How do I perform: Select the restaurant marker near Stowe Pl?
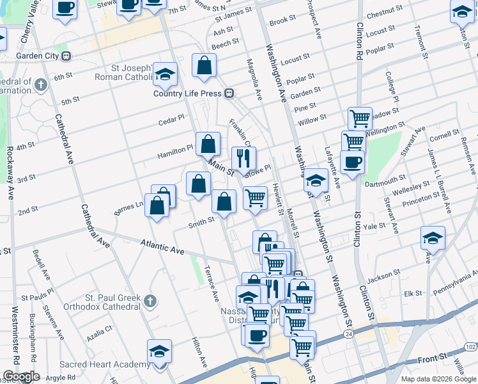pyautogui.click(x=243, y=158)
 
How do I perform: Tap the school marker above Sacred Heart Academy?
pyautogui.click(x=159, y=351)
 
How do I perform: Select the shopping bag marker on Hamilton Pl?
pyautogui.click(x=208, y=144)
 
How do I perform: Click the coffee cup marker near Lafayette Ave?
pyautogui.click(x=352, y=162)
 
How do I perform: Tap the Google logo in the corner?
pyautogui.click(x=21, y=376)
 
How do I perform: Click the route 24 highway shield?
pyautogui.click(x=348, y=334)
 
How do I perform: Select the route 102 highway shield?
pyautogui.click(x=470, y=346)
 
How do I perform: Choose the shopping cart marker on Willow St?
pyautogui.click(x=360, y=118)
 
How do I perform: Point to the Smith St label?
pyautogui.click(x=201, y=222)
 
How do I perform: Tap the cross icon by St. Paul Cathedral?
pyautogui.click(x=150, y=301)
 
